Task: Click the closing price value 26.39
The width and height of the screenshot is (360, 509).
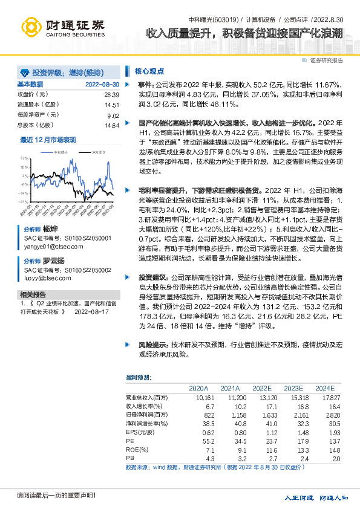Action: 111,95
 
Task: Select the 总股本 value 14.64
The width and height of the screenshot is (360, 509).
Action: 111,125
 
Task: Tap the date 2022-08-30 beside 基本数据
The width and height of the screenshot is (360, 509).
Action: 102,85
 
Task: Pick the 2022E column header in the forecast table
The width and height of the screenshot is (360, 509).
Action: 262,388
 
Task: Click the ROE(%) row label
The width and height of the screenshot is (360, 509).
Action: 137,450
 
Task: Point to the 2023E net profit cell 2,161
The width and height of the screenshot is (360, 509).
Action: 293,415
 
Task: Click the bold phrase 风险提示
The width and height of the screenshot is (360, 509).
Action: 151,343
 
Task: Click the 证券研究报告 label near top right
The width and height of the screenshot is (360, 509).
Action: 326,60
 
